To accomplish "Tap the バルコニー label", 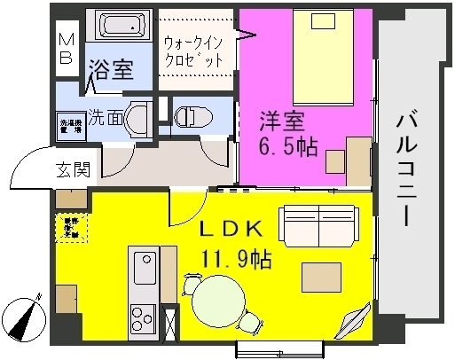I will click(x=409, y=168).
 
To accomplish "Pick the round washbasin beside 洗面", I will click(x=137, y=118).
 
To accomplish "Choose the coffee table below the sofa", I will click(x=320, y=277).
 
